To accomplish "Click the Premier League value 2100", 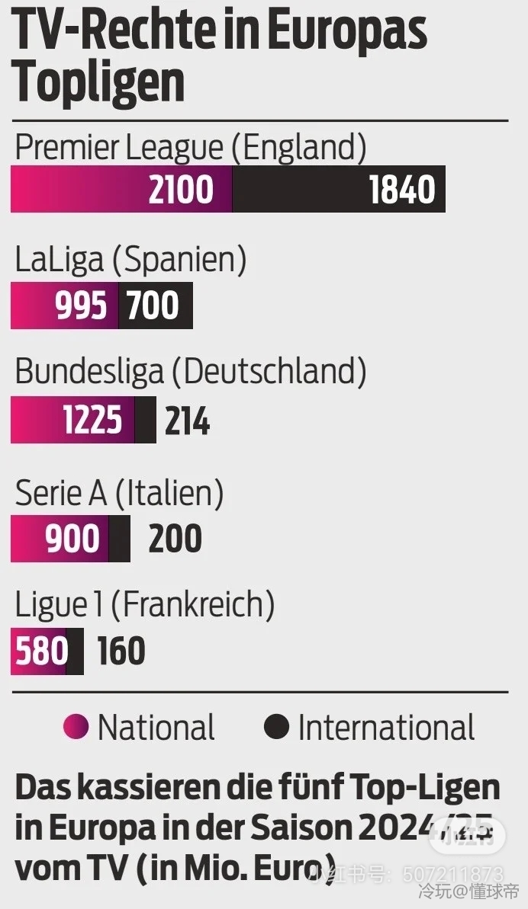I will click(x=181, y=190).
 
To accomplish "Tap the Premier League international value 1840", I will click(x=402, y=190).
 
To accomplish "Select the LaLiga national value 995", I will click(x=81, y=306).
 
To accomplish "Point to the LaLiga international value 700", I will click(x=153, y=306).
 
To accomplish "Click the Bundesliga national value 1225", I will click(x=92, y=420).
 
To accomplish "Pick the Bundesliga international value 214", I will click(x=187, y=421).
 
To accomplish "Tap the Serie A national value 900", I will click(x=72, y=539).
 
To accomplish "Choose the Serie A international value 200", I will click(x=175, y=539).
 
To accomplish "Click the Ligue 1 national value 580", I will click(x=41, y=652).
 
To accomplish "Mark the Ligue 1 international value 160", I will click(x=121, y=652).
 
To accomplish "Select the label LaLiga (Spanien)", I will click(x=130, y=261).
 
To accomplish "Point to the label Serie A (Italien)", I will click(x=119, y=493).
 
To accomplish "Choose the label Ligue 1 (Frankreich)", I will click(x=144, y=606).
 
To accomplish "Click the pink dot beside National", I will click(x=76, y=727).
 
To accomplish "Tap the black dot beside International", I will click(x=276, y=727).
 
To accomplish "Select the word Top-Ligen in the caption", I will click(x=435, y=788).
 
